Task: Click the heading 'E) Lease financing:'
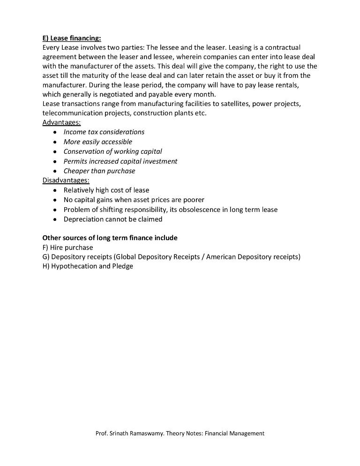[x=71, y=38]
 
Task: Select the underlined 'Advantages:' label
[x=61, y=122]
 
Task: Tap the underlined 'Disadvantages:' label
[x=66, y=180]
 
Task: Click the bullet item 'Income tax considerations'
[x=104, y=132]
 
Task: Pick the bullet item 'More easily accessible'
[x=98, y=142]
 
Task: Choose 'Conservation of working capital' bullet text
[x=112, y=151]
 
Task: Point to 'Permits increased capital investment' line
[x=120, y=161]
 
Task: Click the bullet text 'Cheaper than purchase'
[x=99, y=171]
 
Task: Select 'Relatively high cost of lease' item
[x=106, y=190]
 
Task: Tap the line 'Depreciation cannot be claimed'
[x=113, y=219]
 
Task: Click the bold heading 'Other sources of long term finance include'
[x=110, y=238]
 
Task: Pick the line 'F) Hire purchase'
[x=67, y=248]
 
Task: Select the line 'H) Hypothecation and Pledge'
[x=88, y=266]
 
